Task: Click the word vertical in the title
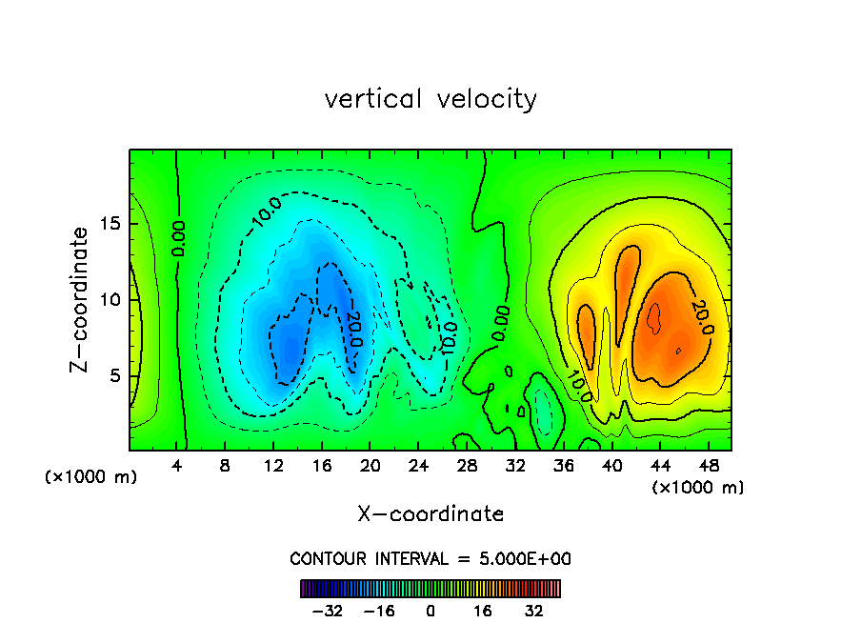[372, 99]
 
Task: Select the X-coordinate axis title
[430, 514]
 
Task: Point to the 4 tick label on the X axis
[177, 467]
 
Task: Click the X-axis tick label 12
[273, 467]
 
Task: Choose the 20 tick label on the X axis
[370, 467]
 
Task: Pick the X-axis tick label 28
[467, 467]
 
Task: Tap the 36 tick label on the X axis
[563, 467]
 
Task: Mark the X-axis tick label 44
[659, 467]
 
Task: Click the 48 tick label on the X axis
[708, 467]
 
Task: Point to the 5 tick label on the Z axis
[113, 375]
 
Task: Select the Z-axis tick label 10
[109, 299]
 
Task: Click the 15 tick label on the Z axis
[109, 224]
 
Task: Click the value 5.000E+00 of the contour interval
[527, 559]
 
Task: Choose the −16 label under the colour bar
[380, 611]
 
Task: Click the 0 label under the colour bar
[430, 611]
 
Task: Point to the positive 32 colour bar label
[533, 611]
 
